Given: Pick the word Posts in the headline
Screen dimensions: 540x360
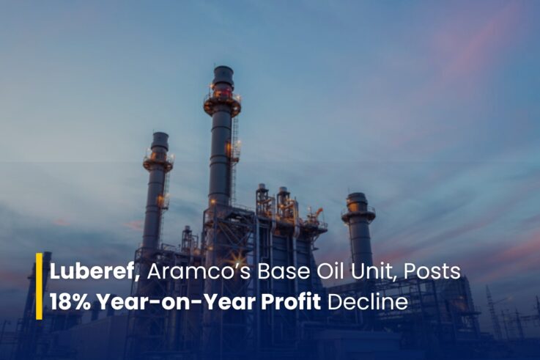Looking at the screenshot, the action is (432, 271).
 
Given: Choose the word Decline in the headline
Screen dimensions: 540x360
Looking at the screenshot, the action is (368, 302).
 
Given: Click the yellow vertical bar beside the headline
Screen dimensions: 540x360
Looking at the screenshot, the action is (40, 286).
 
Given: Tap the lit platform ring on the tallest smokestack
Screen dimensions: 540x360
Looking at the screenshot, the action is (222, 104).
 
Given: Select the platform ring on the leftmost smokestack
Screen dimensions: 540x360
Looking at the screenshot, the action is (158, 163).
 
